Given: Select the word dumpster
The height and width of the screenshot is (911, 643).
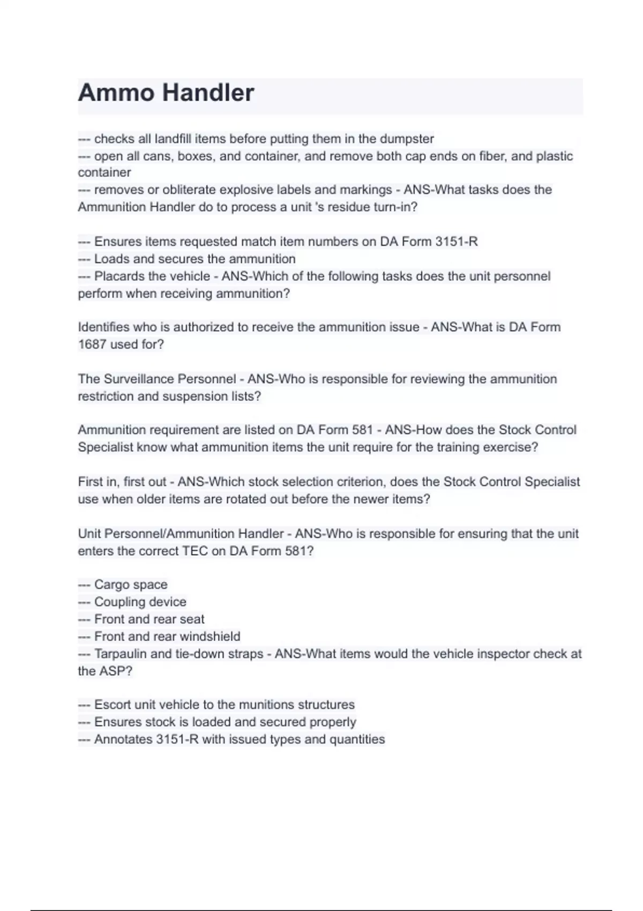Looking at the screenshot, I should pos(407,139).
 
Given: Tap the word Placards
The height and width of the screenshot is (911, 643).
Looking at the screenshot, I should pos(118,277).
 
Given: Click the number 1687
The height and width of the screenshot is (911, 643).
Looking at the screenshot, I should pos(92,345).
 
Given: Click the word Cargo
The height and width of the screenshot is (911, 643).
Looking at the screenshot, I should pos(110,585).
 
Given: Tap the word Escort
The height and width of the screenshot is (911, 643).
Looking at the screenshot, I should pos(112,705).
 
